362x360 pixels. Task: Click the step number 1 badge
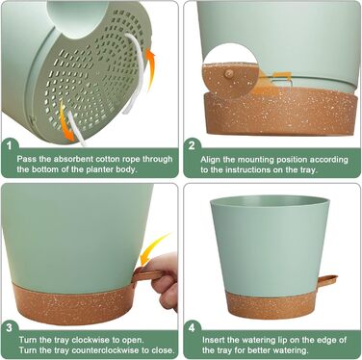click(10, 146)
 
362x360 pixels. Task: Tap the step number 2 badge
click(192, 146)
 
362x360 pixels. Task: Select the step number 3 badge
click(10, 327)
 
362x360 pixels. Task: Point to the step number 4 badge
click(192, 327)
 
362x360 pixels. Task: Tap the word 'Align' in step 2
click(210, 160)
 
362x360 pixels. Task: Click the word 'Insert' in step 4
click(213, 340)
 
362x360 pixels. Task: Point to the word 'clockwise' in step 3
click(90, 340)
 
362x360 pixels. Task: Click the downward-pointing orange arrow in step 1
click(67, 124)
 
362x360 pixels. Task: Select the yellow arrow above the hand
click(155, 249)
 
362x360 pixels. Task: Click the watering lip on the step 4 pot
click(327, 280)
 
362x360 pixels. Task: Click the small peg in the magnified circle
click(229, 73)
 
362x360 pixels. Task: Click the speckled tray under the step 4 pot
click(271, 305)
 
